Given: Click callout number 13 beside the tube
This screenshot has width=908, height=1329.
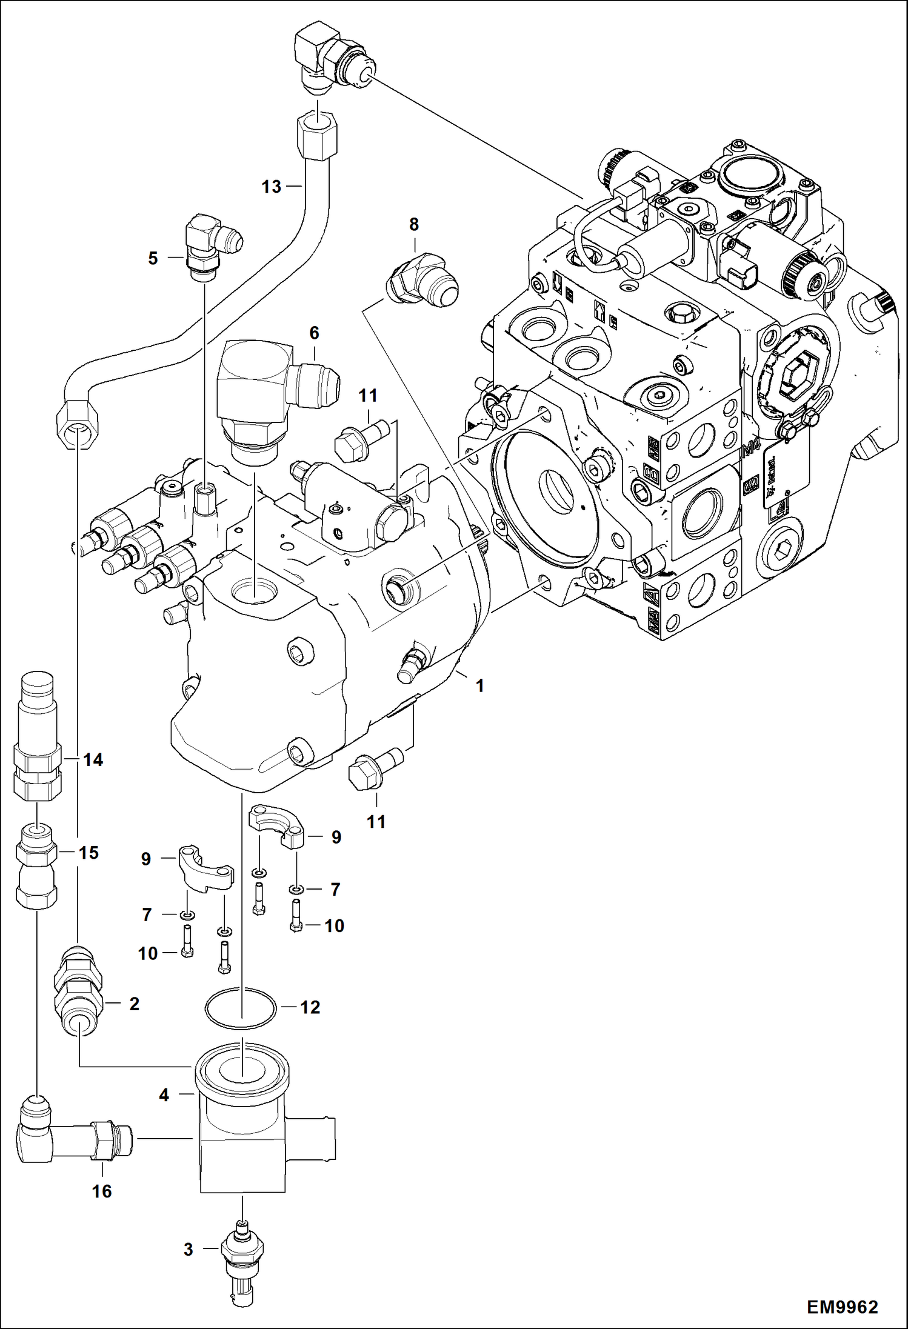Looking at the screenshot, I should click(x=271, y=187).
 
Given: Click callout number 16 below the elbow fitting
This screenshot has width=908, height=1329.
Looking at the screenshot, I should click(x=102, y=1191).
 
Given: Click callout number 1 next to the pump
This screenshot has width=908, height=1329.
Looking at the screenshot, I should click(x=479, y=686).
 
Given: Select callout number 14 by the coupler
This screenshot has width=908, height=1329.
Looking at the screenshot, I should click(x=93, y=759).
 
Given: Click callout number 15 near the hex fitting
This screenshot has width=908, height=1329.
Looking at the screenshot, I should click(x=88, y=853).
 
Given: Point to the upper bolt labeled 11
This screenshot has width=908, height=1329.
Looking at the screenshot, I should click(x=362, y=439).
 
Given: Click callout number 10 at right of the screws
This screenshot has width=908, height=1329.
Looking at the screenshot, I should click(x=334, y=925).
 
